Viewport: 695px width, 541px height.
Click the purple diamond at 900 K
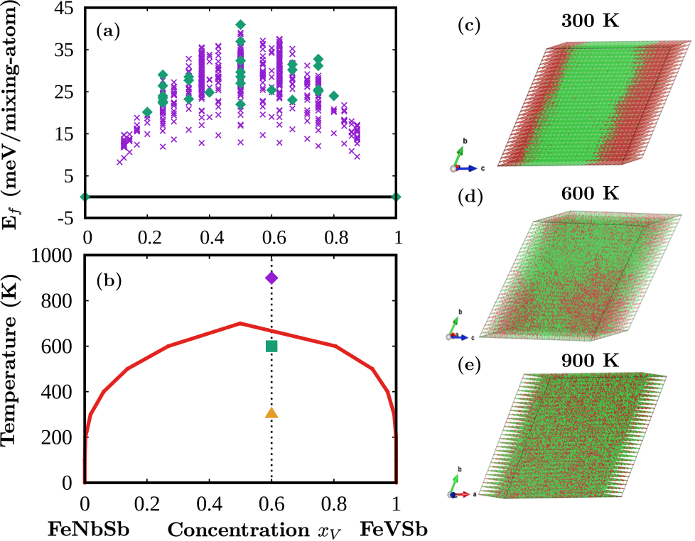coord(271,278)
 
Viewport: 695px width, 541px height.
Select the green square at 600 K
coord(271,346)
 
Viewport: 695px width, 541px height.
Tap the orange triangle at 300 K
coord(271,413)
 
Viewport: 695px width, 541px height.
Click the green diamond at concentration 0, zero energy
coord(85,197)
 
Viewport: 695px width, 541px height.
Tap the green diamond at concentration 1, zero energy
coord(397,197)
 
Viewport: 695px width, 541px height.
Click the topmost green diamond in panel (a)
coord(241,25)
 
